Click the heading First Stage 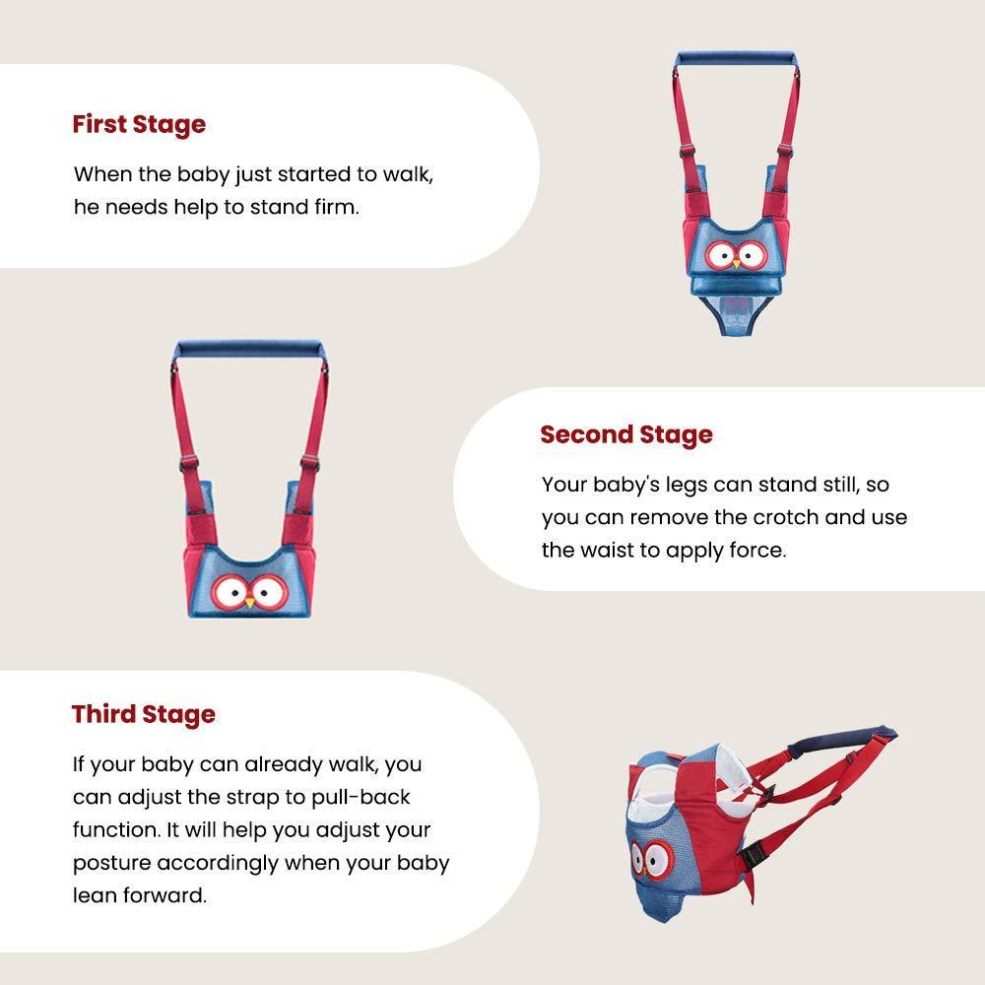[139, 124]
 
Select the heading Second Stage [626, 434]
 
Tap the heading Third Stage [144, 714]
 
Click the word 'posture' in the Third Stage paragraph [111, 864]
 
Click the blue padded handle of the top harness [736, 59]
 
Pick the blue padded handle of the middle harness [249, 349]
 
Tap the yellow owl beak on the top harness [737, 264]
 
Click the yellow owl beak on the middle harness [249, 603]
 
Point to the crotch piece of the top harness [736, 315]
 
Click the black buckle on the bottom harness [752, 856]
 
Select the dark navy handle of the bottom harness [842, 739]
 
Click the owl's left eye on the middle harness [230, 591]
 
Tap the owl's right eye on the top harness [752, 254]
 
